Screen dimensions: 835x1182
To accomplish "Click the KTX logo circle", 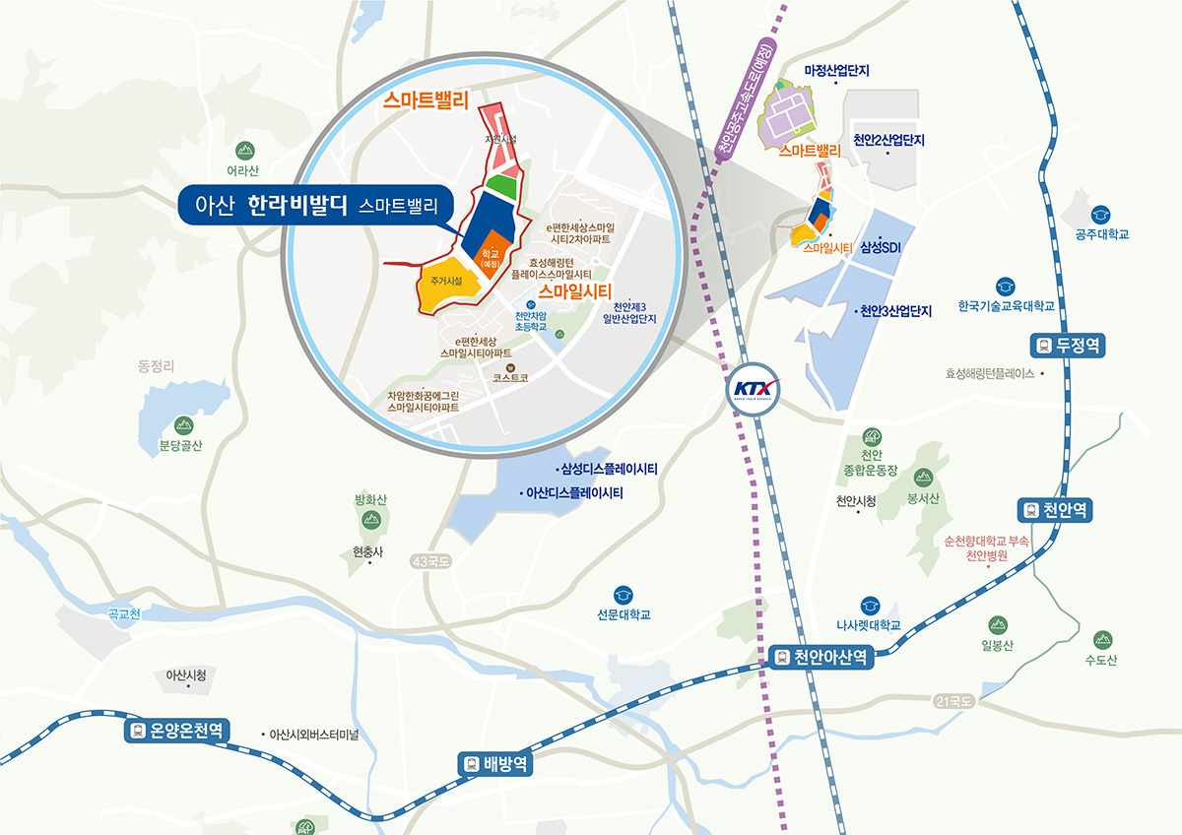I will point(755,389).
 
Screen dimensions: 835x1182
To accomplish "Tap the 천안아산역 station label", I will point(821,658).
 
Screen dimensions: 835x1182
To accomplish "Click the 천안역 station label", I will point(1055,510).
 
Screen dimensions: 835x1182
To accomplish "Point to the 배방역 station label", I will point(496,763).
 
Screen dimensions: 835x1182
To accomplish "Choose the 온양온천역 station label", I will point(177,731).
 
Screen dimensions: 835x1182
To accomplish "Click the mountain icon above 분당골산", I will point(182,425).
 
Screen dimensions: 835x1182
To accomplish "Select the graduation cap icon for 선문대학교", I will point(624,595).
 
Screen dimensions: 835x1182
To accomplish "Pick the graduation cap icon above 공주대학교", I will point(1100,215).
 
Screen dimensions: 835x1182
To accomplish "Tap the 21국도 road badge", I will point(953,701).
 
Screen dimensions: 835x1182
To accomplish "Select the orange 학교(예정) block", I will point(491,257).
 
